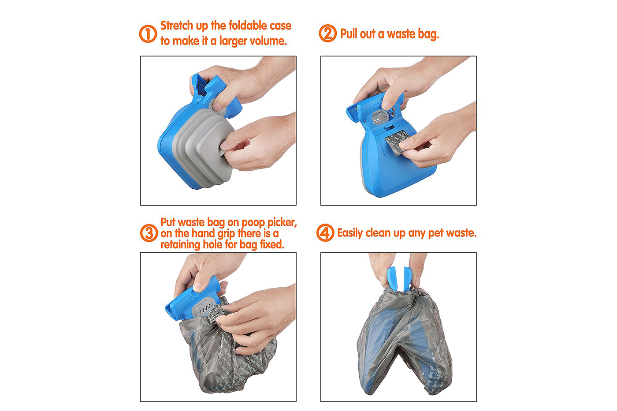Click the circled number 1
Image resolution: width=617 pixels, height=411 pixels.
click(x=148, y=34)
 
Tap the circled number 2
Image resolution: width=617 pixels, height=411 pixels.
click(x=328, y=34)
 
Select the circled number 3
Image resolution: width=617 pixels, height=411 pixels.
click(x=149, y=233)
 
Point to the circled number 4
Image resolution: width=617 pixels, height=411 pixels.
click(x=325, y=233)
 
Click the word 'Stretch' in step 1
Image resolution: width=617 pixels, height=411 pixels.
click(x=177, y=26)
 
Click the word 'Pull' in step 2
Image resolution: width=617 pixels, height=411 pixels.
click(x=349, y=34)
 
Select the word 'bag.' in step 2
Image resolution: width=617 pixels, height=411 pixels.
click(x=428, y=34)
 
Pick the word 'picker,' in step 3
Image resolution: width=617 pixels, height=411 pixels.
click(x=282, y=223)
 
